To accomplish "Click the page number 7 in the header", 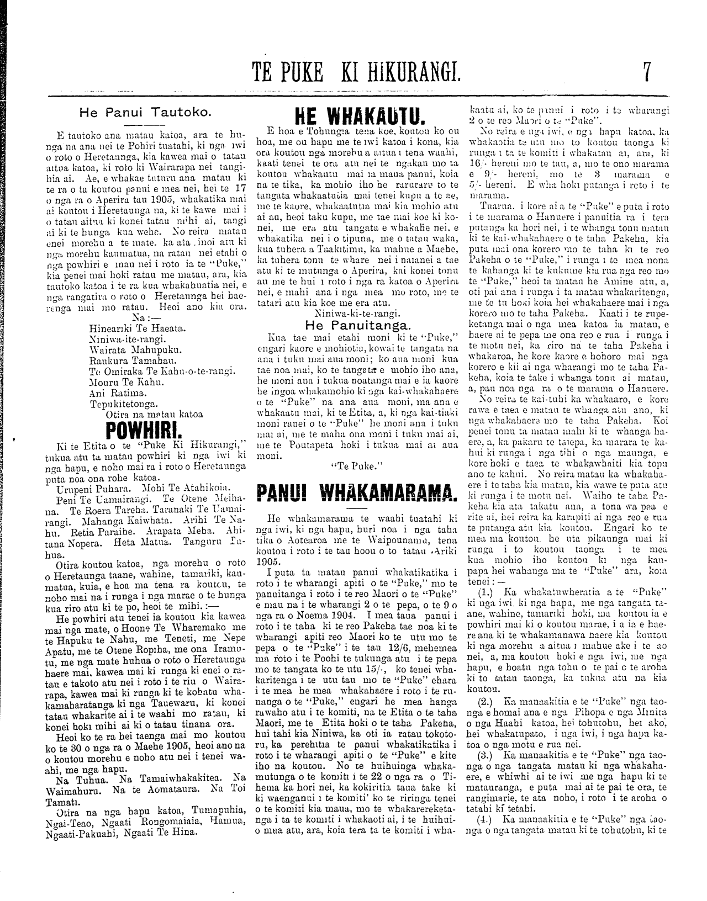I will (x=646, y=71).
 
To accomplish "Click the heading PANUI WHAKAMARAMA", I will (x=357, y=491).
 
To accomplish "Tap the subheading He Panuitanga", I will (x=356, y=325).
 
